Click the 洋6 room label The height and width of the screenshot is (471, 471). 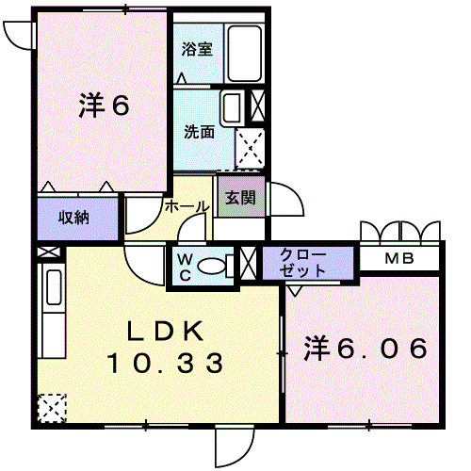point(103,106)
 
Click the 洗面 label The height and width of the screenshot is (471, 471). point(199,132)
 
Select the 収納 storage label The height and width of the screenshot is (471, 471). point(74,218)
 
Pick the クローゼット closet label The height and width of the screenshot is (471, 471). point(302,262)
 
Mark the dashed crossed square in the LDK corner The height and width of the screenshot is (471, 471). point(53,407)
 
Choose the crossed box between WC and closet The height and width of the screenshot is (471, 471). point(249,263)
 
